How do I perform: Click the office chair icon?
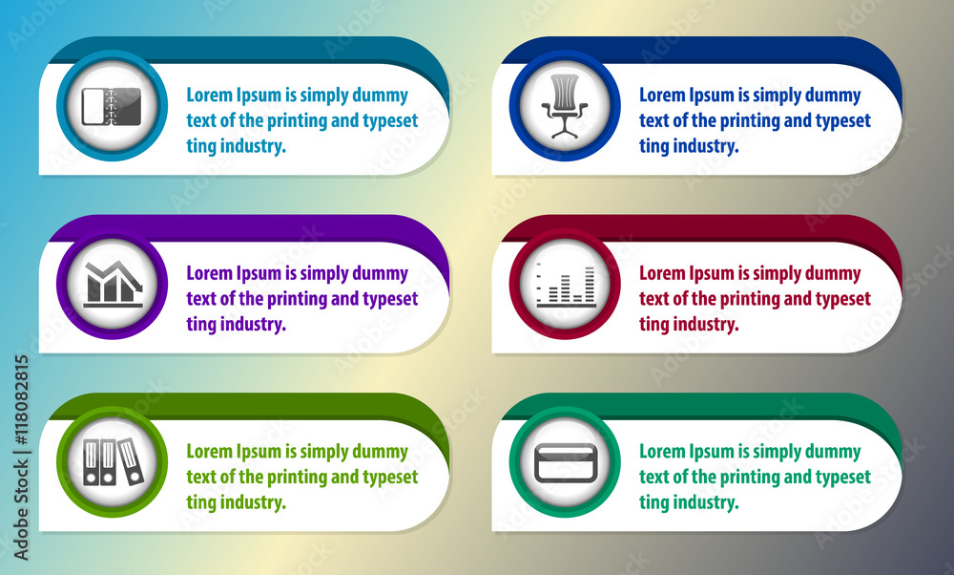(565, 106)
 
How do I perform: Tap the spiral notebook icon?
(112, 107)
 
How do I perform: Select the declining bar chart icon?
(114, 284)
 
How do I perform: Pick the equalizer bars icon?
(566, 285)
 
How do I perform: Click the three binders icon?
(114, 461)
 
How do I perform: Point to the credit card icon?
(566, 463)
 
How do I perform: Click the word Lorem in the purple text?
(209, 273)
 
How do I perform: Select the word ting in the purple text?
(200, 325)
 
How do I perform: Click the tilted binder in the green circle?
(132, 461)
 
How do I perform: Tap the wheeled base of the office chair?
(565, 128)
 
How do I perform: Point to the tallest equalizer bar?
(590, 284)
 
